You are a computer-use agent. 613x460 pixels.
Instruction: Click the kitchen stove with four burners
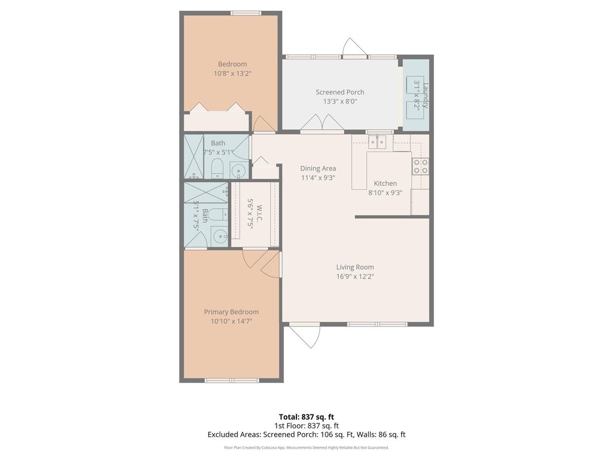tap(420, 166)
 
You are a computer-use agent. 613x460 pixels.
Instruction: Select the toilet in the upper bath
tap(217, 168)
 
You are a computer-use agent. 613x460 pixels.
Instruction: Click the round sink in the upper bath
tap(238, 171)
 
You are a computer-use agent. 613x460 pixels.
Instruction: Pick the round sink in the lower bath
tap(219, 236)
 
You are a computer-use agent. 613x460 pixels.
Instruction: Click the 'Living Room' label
tap(355, 267)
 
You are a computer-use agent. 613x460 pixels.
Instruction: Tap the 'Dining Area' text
tap(318, 168)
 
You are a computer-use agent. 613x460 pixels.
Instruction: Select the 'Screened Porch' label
tap(340, 92)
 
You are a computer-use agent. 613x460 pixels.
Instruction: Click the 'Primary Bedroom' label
tap(231, 312)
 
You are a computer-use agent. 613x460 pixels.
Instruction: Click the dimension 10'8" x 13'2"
tap(232, 74)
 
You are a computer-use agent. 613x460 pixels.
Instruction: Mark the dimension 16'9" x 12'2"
tap(355, 277)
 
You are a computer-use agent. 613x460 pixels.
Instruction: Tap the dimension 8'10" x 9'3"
tap(385, 193)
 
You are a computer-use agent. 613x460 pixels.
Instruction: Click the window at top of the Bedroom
tap(246, 13)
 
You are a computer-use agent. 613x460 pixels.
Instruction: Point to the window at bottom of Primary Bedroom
tap(232, 380)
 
